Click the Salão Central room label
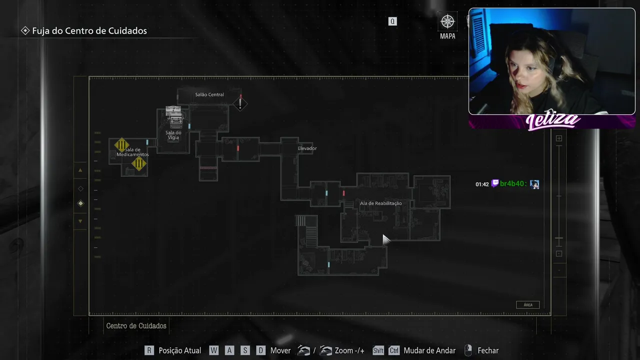click(209, 94)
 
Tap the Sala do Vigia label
click(173, 135)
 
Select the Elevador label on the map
click(307, 148)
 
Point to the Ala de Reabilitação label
click(380, 203)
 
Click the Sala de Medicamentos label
click(133, 152)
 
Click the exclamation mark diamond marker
click(240, 103)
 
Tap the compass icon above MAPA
click(447, 21)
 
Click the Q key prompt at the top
click(392, 21)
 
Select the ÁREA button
click(527, 305)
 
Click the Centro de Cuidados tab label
click(136, 325)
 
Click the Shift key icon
click(378, 350)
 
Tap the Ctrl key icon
click(394, 350)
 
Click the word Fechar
click(488, 350)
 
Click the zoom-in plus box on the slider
click(559, 138)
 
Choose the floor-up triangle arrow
click(80, 170)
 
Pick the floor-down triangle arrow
click(80, 221)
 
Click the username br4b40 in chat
click(513, 183)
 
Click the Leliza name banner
click(552, 120)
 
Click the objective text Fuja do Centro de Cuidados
click(89, 31)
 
